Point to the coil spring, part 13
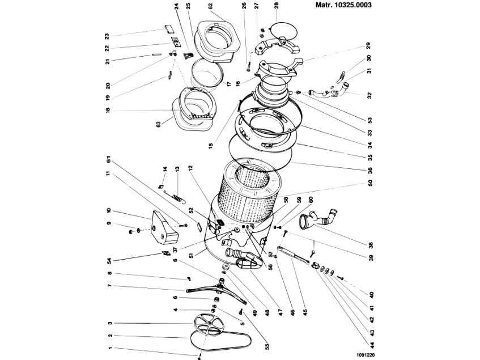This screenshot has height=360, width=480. pos(177,196)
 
